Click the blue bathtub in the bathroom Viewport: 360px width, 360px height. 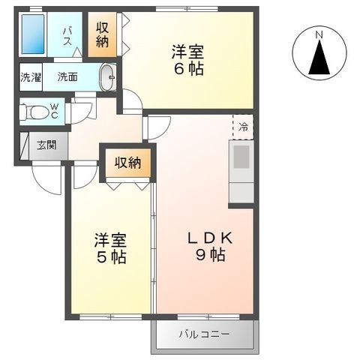pos(33,34)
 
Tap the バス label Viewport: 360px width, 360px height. pos(67,37)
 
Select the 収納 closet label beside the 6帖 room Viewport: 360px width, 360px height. pos(103,34)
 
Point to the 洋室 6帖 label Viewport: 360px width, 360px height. pos(187,60)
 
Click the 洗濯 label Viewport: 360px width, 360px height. pos(31,77)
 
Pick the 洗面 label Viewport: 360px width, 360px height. pos(67,77)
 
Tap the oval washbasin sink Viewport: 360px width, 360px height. pos(108,77)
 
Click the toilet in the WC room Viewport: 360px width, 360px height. pos(34,112)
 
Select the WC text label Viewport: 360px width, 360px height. pos(55,111)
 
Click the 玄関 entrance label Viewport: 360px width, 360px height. pos(46,145)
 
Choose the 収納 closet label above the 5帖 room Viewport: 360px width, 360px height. pos(128,163)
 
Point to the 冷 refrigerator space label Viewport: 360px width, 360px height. pos(243,127)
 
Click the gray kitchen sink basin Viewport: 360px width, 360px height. pos(241,157)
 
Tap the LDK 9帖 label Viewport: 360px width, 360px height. pos(211,247)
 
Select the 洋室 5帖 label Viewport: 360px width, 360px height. pos(111,248)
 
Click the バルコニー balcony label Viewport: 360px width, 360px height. pos(204,334)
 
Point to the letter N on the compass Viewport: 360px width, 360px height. pos(319,34)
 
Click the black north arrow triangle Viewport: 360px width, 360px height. pos(319,57)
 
